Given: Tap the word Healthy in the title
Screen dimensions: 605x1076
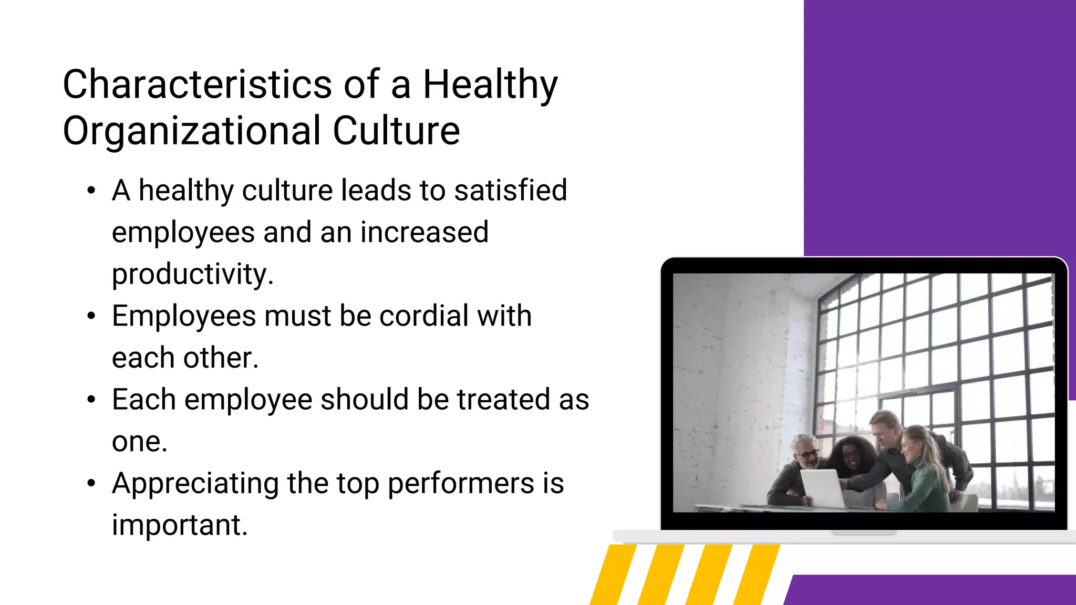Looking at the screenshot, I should pyautogui.click(x=490, y=85).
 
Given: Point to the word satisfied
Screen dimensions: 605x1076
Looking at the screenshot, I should pyautogui.click(x=511, y=190).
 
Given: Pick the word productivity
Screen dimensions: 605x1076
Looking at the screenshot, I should pyautogui.click(x=192, y=275).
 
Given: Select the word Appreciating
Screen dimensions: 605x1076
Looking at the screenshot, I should pyautogui.click(x=195, y=484).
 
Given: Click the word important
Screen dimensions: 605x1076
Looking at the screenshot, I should pyautogui.click(x=179, y=525).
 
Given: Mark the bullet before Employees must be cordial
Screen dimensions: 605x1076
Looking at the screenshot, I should pyautogui.click(x=91, y=316).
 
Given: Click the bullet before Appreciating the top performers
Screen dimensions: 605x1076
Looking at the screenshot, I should pyautogui.click(x=91, y=483).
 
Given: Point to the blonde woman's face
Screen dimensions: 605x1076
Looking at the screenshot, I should pyautogui.click(x=910, y=445).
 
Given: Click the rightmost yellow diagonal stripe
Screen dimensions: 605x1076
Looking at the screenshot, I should pyautogui.click(x=757, y=575).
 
